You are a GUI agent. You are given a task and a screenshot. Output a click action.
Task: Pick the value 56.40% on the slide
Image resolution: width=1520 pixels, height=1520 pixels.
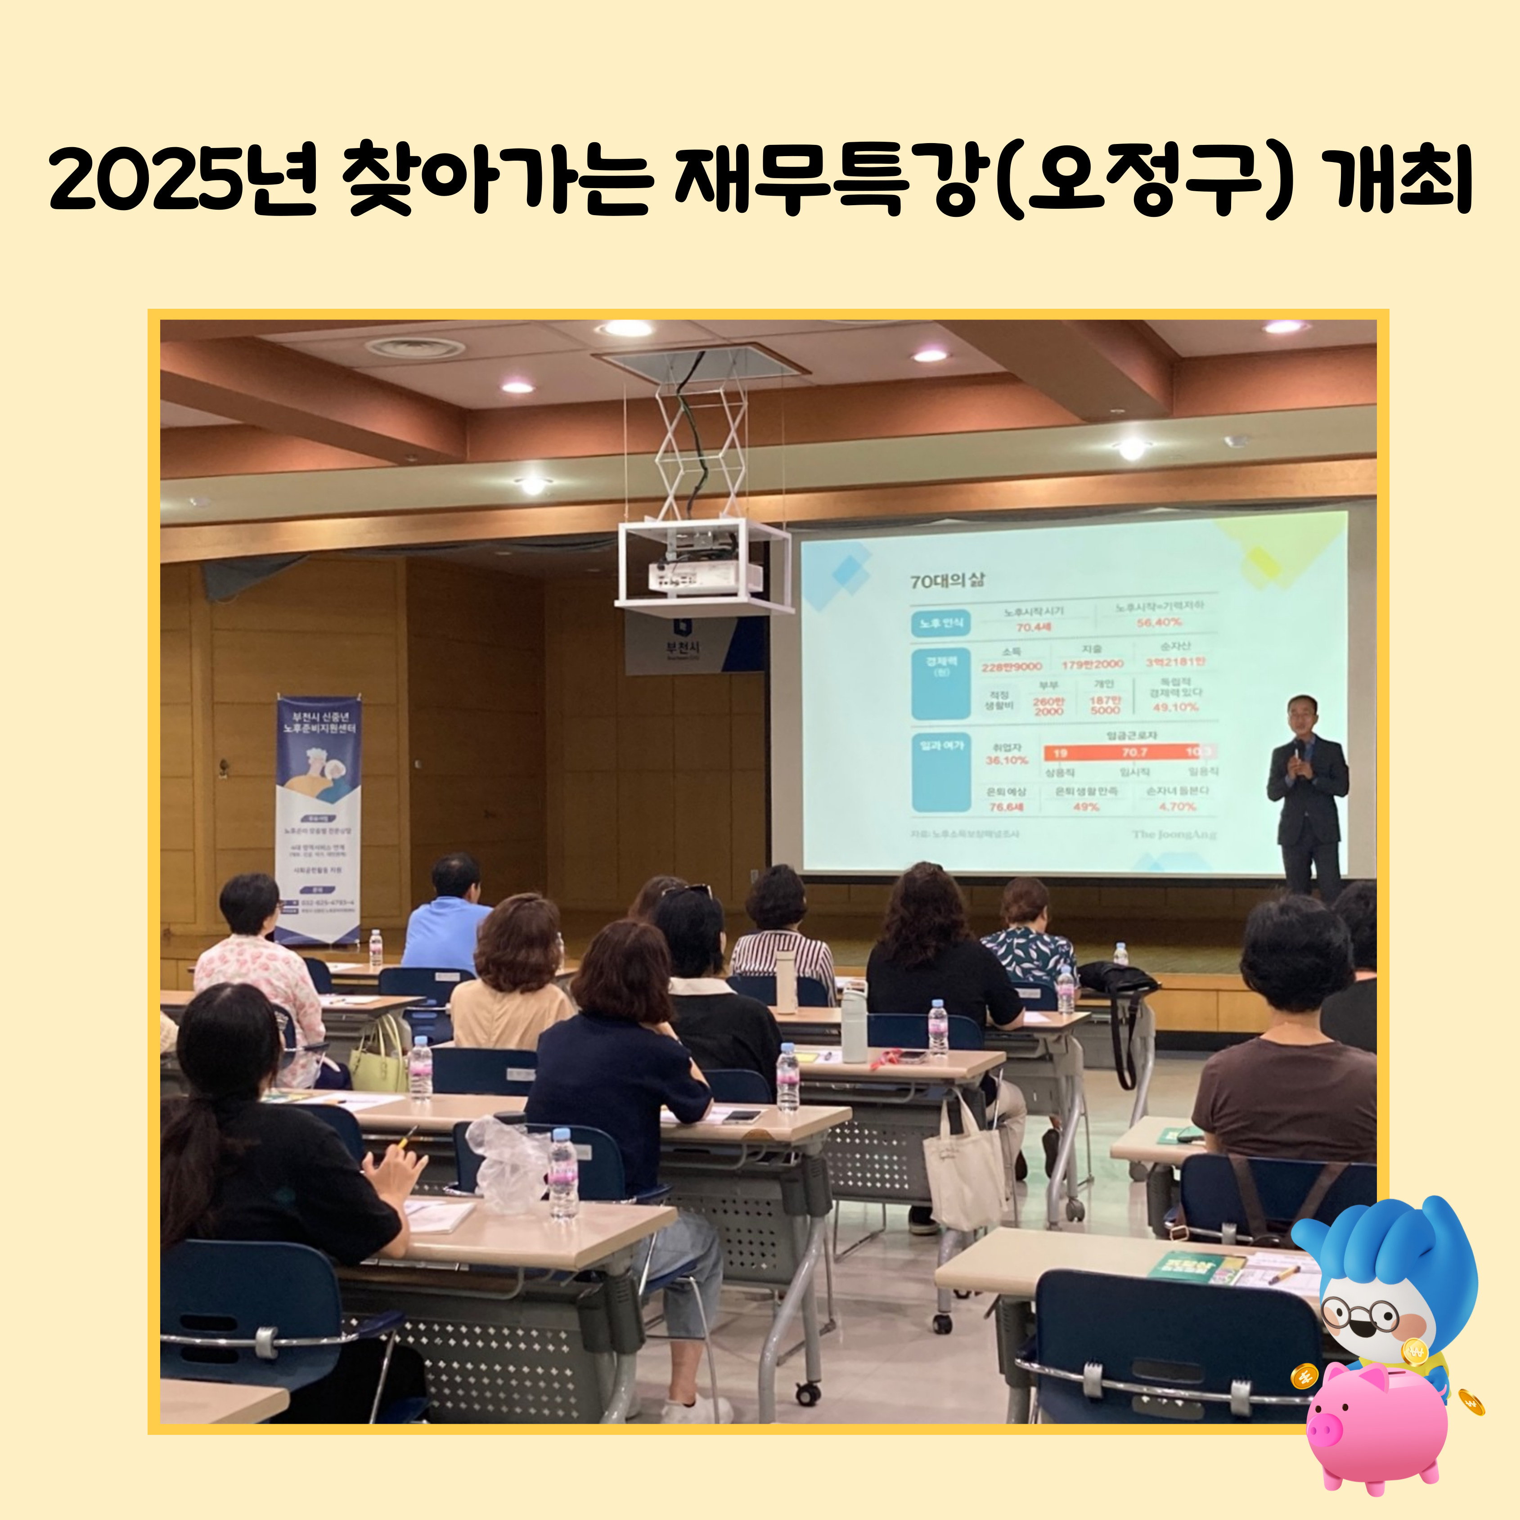[1159, 622]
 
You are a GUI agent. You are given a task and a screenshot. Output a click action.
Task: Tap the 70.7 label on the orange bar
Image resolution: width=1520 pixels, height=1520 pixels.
[1134, 753]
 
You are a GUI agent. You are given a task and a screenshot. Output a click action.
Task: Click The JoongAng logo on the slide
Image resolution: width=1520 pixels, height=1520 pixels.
[1174, 834]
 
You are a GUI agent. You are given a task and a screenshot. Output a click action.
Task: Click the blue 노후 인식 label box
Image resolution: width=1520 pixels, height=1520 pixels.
[940, 623]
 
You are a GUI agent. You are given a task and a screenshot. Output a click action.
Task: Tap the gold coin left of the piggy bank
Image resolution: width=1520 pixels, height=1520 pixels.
[1304, 1375]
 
